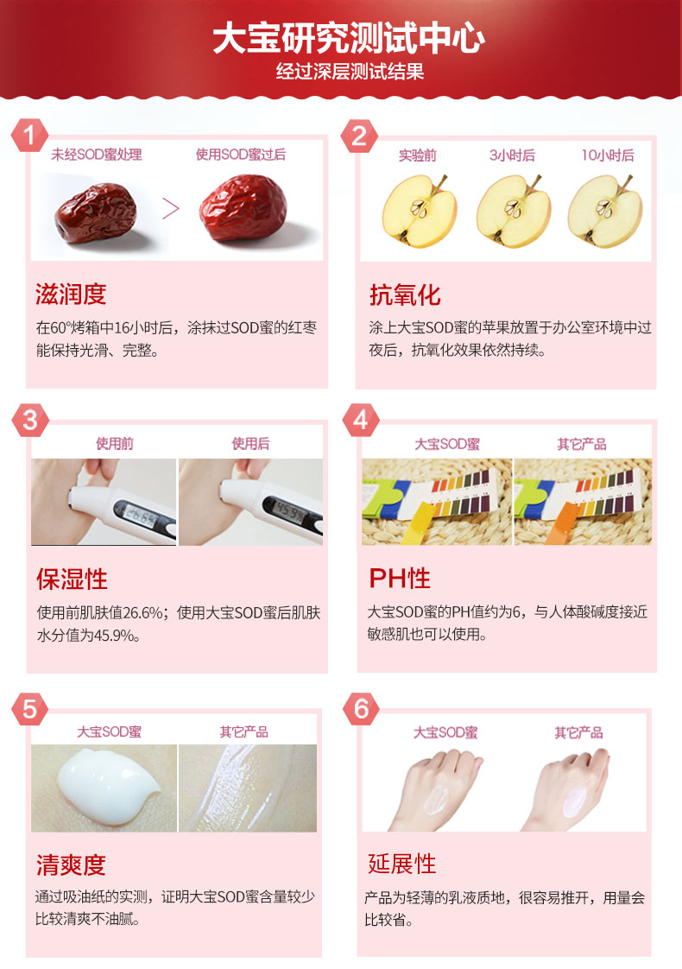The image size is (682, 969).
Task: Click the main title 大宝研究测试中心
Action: click(x=349, y=38)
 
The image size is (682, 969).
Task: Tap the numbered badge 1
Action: click(x=29, y=135)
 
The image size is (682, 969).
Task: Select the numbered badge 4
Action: click(x=361, y=421)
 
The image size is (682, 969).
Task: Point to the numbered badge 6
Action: click(x=362, y=709)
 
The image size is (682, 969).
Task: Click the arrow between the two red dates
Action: click(x=171, y=208)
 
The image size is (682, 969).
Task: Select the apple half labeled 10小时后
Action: click(x=605, y=211)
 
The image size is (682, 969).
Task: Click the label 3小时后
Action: click(x=512, y=155)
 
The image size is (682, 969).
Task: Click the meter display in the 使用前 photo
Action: click(x=140, y=515)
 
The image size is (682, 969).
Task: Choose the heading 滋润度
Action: click(x=71, y=294)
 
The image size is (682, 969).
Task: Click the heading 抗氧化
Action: click(x=405, y=294)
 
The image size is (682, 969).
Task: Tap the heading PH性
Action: click(x=400, y=579)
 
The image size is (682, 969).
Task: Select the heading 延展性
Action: click(x=402, y=864)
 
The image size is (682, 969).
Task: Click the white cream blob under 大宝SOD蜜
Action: click(x=109, y=786)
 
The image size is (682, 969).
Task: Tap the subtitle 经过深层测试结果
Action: click(x=350, y=72)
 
